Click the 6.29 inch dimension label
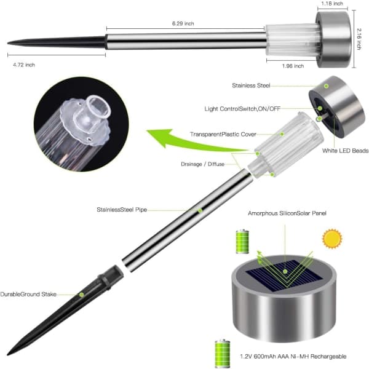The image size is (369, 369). pyautogui.click(x=183, y=23)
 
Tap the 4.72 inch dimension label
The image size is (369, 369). pyautogui.click(x=24, y=65)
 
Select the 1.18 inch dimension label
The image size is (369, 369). pyautogui.click(x=332, y=4)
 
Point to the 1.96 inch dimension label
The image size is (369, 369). pyautogui.click(x=293, y=66)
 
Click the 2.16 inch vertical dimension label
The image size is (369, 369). pyautogui.click(x=359, y=39)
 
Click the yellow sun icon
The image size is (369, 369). pyautogui.click(x=332, y=239)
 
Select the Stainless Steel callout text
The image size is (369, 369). pyautogui.click(x=251, y=85)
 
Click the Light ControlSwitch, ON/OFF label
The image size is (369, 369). pyautogui.click(x=242, y=109)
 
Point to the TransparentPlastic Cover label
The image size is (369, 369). pyautogui.click(x=223, y=134)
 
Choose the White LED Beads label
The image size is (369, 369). pyautogui.click(x=345, y=151)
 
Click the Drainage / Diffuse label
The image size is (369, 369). pyautogui.click(x=202, y=164)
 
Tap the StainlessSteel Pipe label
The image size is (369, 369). pyautogui.click(x=122, y=210)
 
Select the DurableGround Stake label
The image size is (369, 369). pyautogui.click(x=28, y=294)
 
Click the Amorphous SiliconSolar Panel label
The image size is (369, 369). pyautogui.click(x=287, y=213)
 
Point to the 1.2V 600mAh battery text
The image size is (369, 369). pyautogui.click(x=293, y=356)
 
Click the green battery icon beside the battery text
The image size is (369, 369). pyautogui.click(x=223, y=354)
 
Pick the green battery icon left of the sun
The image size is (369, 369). pyautogui.click(x=242, y=242)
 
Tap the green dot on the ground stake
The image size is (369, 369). pyautogui.click(x=81, y=295)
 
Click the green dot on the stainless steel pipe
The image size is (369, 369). pyautogui.click(x=200, y=210)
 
